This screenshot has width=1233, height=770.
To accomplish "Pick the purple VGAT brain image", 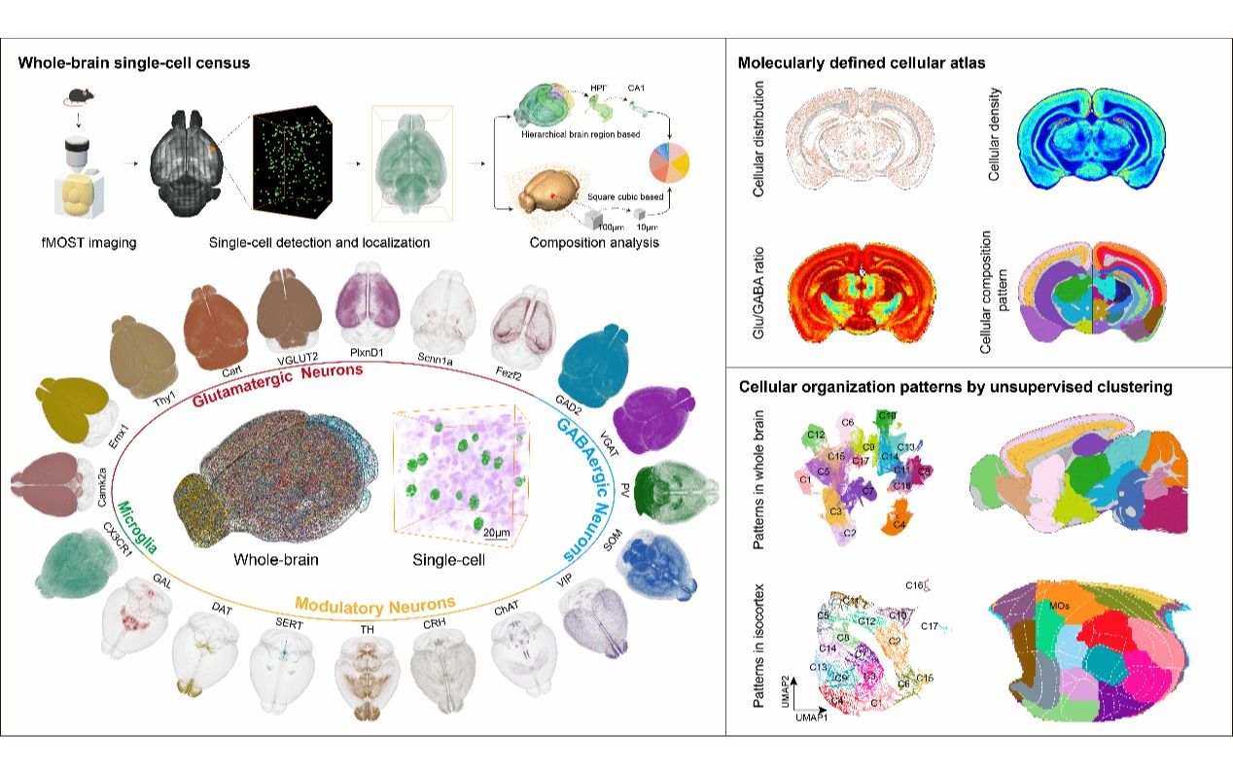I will click(651, 418).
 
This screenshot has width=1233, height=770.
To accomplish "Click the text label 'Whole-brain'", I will click(276, 560).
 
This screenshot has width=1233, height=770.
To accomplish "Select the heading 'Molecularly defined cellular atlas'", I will click(862, 63).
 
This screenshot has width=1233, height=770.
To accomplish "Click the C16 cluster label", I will click(913, 586).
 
